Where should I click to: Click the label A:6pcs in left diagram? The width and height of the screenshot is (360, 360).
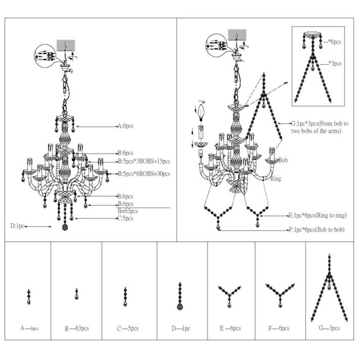click(128, 127)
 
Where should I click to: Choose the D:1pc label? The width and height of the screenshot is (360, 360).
click(17, 226)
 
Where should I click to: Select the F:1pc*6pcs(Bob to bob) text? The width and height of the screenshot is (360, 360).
click(317, 229)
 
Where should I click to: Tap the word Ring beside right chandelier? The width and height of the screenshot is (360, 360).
click(276, 179)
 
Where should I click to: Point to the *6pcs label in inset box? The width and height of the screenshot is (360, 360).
click(334, 41)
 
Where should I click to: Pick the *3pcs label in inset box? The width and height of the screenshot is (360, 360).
click(334, 62)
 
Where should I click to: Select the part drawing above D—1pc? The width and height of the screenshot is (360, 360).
click(179, 296)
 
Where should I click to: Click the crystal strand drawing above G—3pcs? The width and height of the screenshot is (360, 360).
click(330, 289)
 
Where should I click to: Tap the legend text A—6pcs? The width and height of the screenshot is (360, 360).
click(29, 329)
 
